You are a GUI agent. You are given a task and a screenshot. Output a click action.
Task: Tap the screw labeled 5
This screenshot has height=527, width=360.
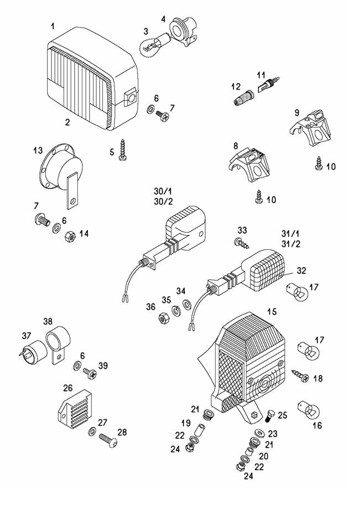(123, 150)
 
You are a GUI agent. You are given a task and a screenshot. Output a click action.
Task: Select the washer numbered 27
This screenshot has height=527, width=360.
(92, 431)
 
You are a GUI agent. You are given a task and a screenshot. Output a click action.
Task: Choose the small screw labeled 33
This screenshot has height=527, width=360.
(241, 242)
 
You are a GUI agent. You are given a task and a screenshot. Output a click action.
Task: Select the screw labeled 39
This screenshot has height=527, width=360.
(90, 374)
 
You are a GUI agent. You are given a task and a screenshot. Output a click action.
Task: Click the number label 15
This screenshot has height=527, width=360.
(272, 312)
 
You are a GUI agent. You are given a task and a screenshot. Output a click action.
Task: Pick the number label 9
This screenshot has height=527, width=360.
(297, 112)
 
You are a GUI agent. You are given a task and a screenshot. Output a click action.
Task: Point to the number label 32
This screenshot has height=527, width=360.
(301, 271)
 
